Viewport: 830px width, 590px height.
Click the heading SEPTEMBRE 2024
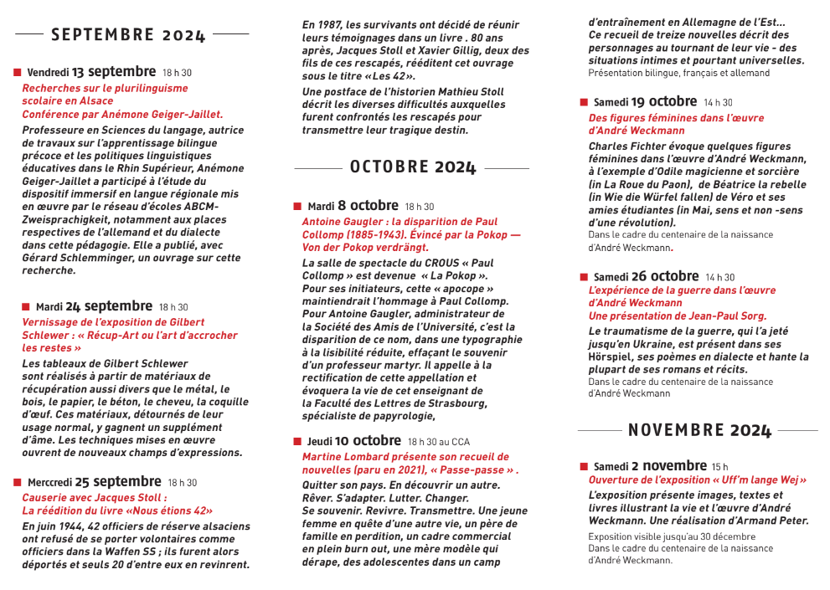pyautogui.click(x=128, y=34)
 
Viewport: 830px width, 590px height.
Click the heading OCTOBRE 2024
pyautogui.click(x=412, y=167)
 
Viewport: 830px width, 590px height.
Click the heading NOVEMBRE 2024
pyautogui.click(x=699, y=430)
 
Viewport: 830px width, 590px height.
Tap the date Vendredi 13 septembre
pyautogui.click(x=91, y=72)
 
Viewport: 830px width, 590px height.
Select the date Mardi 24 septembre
pyautogui.click(x=94, y=306)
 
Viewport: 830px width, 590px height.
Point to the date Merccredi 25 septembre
pyautogui.click(x=94, y=482)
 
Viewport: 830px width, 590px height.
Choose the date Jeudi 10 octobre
pyautogui.click(x=354, y=440)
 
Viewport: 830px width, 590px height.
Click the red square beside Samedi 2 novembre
pyautogui.click(x=584, y=466)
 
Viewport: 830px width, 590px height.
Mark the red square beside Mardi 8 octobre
pyautogui.click(x=297, y=206)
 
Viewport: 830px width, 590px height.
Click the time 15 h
pyautogui.click(x=719, y=467)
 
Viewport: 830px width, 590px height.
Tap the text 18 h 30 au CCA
pyautogui.click(x=439, y=442)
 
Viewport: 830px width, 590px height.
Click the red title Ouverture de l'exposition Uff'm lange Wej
pyautogui.click(x=697, y=480)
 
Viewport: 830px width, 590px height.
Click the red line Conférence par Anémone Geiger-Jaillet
pyautogui.click(x=122, y=114)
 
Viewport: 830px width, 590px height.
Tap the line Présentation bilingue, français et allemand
pyautogui.click(x=678, y=74)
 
